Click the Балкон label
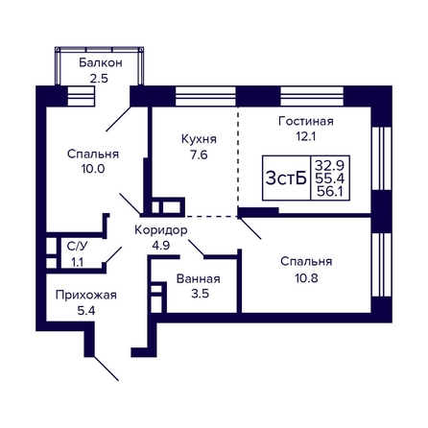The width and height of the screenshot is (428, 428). [101, 62]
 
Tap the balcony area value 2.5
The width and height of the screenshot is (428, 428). [99, 78]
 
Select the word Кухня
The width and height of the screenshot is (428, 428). [199, 139]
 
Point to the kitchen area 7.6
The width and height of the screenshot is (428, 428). [199, 155]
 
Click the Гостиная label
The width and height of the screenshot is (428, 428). [306, 121]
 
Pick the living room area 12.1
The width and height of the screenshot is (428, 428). [306, 136]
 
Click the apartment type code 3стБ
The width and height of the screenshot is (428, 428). [286, 178]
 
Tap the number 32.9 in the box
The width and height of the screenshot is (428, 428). [329, 166]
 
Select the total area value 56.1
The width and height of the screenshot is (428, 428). [330, 191]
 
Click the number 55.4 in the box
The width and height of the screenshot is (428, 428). [329, 178]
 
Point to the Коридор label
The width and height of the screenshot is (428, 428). [161, 230]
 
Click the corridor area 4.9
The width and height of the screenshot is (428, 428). [161, 246]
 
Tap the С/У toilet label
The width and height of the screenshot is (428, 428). [77, 246]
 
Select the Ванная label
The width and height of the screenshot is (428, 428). [199, 279]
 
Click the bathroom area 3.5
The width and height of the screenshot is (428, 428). [200, 294]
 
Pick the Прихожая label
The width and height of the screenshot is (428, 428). [86, 295]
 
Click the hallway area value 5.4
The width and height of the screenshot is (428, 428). [86, 310]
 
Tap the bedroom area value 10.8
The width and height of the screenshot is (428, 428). [306, 278]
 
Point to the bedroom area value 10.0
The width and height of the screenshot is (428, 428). [93, 169]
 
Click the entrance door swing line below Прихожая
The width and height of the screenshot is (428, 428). [107, 369]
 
